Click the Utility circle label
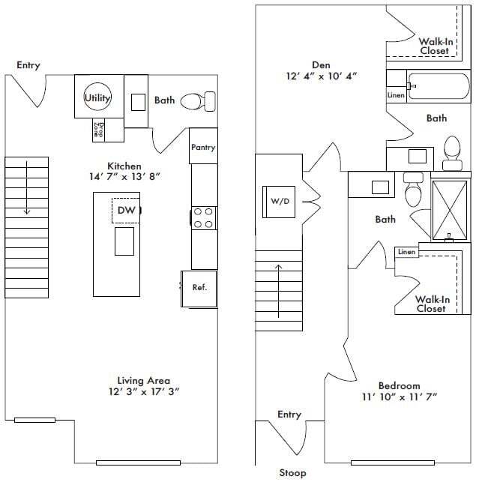[97, 97]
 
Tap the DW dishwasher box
[126, 211]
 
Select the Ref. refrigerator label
[199, 287]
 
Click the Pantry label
[203, 148]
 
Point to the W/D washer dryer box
[280, 201]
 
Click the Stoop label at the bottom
[292, 473]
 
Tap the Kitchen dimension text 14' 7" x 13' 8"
[124, 177]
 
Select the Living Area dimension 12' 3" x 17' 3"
[142, 391]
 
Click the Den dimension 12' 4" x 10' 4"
[322, 76]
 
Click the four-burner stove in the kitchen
[203, 217]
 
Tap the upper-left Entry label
[28, 66]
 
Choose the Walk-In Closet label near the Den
[434, 46]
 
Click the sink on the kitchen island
[124, 241]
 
